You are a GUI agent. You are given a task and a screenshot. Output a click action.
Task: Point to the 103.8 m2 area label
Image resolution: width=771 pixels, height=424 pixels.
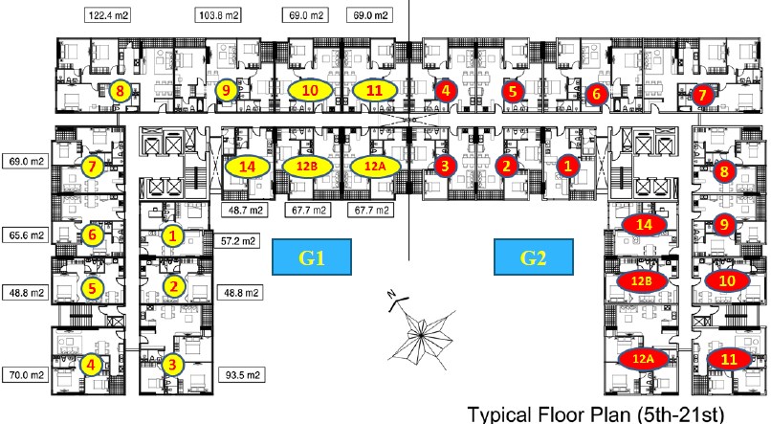(x=219, y=17)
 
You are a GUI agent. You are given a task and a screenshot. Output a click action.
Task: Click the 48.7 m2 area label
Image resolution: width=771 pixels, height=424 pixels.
(x=248, y=210)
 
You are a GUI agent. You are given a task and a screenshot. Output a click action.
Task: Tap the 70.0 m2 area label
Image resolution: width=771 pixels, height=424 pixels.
(x=26, y=376)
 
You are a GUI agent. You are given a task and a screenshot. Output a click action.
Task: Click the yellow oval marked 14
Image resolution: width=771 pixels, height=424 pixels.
(x=248, y=167)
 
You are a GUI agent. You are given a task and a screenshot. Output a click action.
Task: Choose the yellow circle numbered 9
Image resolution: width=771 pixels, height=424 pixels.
(x=226, y=91)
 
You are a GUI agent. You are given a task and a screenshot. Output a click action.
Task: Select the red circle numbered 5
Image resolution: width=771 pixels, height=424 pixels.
(x=514, y=92)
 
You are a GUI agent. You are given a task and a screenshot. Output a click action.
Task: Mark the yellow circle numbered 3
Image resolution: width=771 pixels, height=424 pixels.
(x=172, y=364)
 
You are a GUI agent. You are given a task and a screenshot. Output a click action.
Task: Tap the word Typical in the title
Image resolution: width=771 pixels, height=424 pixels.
(x=504, y=414)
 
